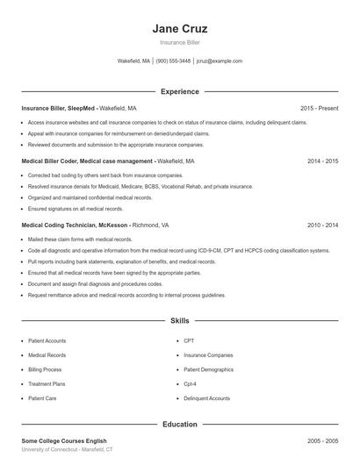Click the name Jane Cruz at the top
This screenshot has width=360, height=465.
pos(179,28)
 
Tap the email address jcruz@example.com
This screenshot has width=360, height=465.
pos(219,61)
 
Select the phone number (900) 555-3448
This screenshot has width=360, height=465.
pos(173,61)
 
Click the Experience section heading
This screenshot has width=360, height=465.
pos(179,91)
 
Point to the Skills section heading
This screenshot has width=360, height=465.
pos(179,322)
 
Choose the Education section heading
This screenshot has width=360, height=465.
pos(179,425)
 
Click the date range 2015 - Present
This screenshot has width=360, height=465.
pos(319,108)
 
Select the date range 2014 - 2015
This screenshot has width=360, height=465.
pos(322,162)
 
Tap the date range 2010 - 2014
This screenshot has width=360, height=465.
pos(322,225)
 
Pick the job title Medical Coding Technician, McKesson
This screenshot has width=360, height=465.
pos(75,225)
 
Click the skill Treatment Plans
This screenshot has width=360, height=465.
pos(47,384)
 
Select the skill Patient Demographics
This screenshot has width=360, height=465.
pos(208,370)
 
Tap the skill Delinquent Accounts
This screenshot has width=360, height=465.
pos(206,398)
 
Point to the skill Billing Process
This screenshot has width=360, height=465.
pos(45,370)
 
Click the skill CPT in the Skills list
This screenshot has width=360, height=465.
pos(189,340)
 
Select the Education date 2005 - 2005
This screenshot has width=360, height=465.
pos(322,440)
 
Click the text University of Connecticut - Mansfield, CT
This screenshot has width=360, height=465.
pos(67,449)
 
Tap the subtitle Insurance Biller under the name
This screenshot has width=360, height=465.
pos(179,42)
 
